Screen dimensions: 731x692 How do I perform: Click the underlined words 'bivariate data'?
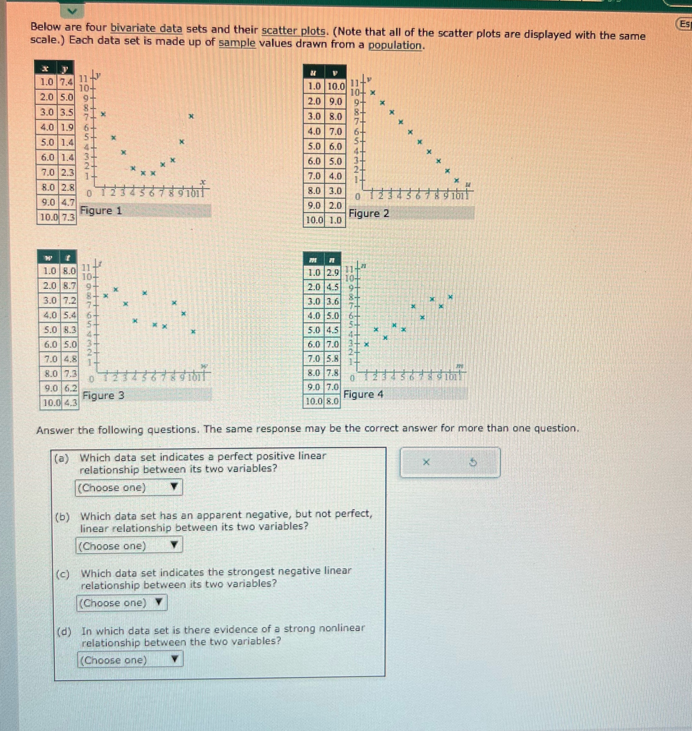[147, 28]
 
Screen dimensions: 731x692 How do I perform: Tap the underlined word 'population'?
[395, 45]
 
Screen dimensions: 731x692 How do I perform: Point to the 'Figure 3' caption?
[103, 396]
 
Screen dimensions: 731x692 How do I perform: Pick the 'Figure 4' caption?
[363, 394]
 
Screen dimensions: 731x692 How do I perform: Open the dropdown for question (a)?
[129, 487]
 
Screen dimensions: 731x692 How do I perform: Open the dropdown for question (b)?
[129, 545]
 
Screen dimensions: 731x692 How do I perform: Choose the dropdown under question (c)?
[122, 603]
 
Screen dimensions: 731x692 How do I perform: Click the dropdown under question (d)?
[130, 660]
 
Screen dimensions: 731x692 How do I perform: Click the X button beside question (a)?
[426, 462]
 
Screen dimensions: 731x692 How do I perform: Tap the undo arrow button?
[474, 462]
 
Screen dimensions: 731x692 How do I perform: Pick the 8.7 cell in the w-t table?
[69, 286]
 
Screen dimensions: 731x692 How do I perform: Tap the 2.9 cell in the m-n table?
[332, 273]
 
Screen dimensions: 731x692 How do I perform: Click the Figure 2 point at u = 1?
[373, 93]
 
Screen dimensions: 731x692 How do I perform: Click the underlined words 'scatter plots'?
[294, 31]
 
